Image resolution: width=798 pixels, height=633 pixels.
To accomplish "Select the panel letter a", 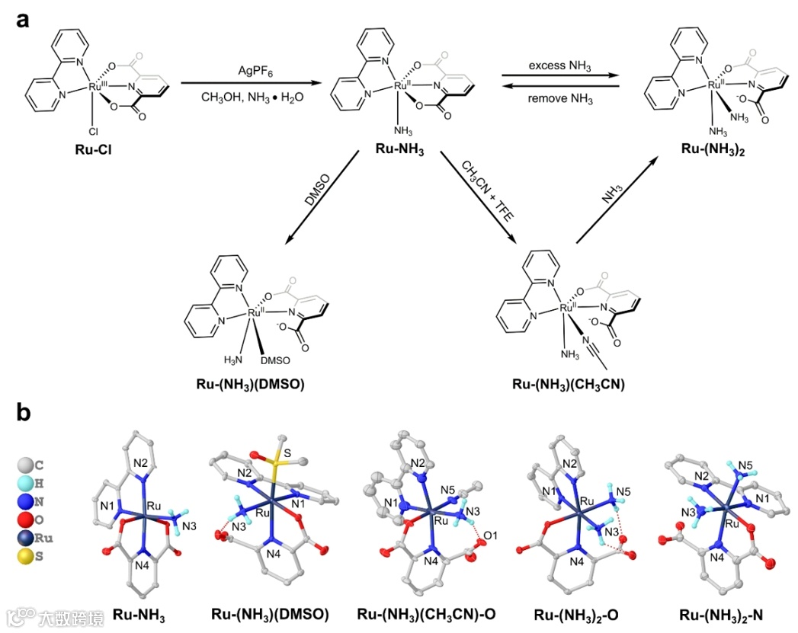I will [x=24, y=20].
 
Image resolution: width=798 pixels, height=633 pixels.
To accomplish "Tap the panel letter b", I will [x=24, y=414].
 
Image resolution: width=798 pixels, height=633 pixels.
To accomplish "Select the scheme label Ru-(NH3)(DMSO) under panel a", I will [x=249, y=384].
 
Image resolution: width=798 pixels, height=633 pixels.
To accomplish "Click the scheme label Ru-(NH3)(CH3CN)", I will [x=567, y=384].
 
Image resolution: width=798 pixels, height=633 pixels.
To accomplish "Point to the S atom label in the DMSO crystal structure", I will [x=287, y=453].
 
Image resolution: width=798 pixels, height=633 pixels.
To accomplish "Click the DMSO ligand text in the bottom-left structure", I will [x=273, y=359].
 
